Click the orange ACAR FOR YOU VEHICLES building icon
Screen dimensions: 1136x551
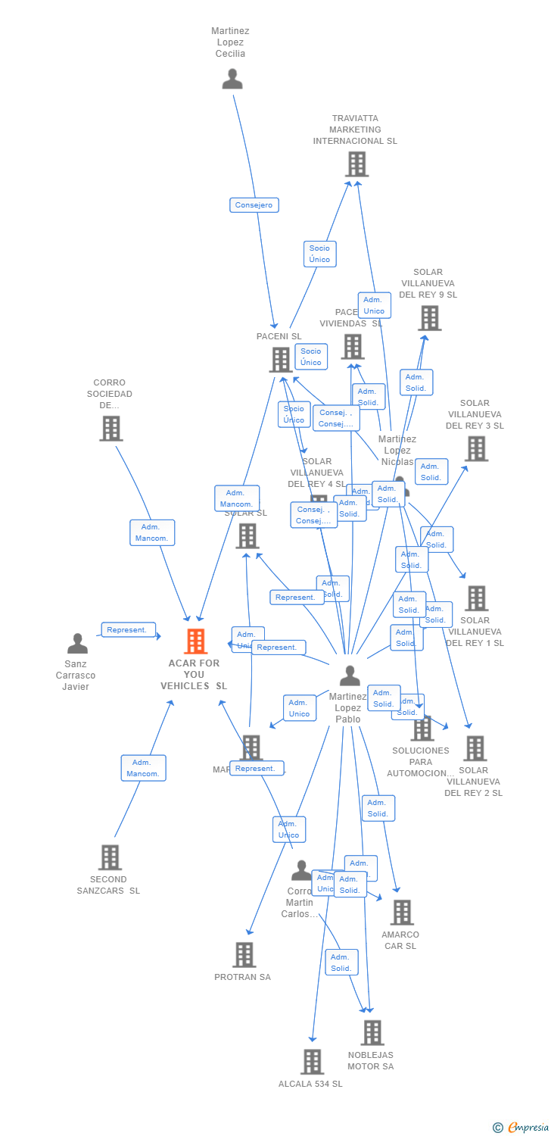pos(195,641)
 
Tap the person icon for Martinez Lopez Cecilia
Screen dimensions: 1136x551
pos(232,79)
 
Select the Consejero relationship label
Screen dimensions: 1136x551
pos(254,205)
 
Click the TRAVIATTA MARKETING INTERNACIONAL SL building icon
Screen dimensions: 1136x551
pos(356,164)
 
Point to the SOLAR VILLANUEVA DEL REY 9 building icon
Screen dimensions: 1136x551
pos(429,318)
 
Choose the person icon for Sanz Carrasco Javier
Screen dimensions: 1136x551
pos(77,644)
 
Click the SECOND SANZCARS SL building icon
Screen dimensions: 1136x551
pos(110,857)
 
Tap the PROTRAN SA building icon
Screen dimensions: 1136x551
pos(244,955)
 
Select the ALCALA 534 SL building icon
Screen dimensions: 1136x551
pos(312,1062)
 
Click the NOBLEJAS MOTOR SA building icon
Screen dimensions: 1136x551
pos(372,1032)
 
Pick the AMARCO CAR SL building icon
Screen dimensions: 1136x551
pos(402,913)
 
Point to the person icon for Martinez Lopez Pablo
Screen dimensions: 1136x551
pos(349,675)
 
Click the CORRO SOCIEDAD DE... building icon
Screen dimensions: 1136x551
pos(111,428)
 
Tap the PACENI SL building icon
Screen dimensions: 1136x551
pos(280,360)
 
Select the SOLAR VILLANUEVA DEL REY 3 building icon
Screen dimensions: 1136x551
pos(475,448)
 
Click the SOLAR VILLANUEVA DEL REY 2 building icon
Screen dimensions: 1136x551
pos(475,748)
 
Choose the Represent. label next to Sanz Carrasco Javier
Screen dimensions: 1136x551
pos(129,630)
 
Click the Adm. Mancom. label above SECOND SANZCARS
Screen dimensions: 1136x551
pos(143,768)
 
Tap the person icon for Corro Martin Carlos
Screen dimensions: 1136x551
pos(301,871)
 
